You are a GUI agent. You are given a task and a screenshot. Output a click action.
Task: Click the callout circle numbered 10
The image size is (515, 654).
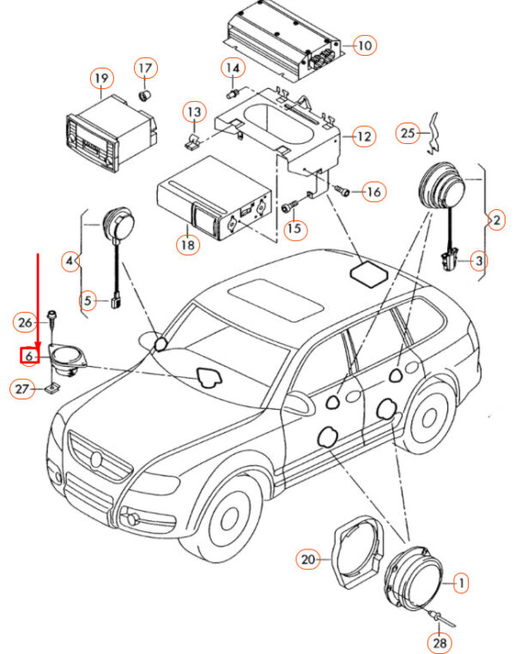click(365, 45)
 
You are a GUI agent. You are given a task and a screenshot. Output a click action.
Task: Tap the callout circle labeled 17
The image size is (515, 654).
click(145, 68)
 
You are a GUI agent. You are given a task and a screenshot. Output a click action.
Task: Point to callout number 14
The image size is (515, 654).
click(233, 69)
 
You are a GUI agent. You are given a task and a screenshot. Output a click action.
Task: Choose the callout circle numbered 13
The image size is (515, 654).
click(194, 112)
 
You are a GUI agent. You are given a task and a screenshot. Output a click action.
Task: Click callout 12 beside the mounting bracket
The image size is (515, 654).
click(365, 136)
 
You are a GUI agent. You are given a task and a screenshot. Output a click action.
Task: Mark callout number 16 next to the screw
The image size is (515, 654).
click(373, 191)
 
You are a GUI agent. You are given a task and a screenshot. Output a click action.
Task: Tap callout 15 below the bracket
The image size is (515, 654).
click(294, 229)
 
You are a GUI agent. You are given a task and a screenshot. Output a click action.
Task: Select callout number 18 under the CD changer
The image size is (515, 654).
click(188, 244)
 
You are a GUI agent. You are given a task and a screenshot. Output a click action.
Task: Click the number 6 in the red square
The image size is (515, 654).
click(28, 355)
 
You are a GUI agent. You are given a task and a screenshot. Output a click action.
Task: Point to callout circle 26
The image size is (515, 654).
click(26, 322)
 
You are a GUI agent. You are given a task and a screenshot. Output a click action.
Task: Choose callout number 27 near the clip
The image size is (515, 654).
click(21, 389)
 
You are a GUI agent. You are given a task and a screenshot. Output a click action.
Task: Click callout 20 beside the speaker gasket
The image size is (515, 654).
click(308, 561)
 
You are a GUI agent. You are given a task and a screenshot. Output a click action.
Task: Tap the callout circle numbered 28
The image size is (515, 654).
click(439, 640)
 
